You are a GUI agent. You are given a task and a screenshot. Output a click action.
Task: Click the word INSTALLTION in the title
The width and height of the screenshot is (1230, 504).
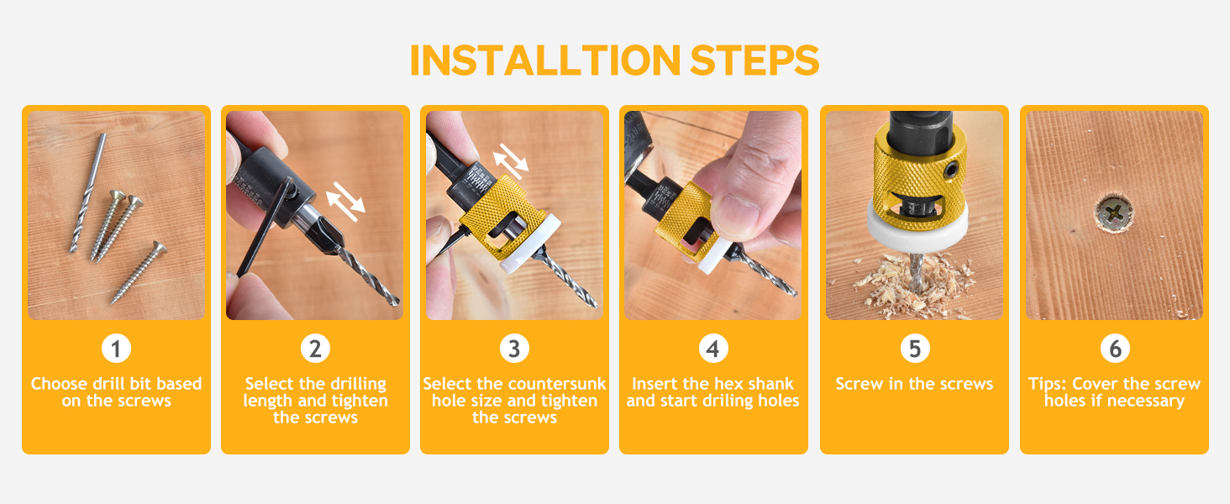544,60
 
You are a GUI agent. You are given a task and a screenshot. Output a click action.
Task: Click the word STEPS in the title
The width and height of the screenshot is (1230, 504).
754,60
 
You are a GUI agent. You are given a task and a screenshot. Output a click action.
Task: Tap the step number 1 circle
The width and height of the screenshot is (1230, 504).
116,348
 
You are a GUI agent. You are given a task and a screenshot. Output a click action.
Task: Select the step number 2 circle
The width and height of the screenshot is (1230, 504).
315,348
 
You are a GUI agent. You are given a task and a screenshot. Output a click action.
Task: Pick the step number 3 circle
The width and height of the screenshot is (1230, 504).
514,348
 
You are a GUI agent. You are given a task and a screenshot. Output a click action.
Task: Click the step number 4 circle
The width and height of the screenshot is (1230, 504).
713,348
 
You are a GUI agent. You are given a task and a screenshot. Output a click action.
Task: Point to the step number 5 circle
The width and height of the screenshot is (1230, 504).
914,348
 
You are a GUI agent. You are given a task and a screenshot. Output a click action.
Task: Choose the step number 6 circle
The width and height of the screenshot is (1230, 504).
1115,348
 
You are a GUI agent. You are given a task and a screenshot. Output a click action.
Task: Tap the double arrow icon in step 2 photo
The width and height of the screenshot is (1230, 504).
345,198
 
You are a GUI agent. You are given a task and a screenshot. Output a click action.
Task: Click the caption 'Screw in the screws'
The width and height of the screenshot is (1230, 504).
914,384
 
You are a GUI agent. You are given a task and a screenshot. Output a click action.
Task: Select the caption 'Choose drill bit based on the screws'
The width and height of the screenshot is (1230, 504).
116,392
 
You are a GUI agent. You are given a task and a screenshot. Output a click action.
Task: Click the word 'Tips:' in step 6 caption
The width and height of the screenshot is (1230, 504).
1048,384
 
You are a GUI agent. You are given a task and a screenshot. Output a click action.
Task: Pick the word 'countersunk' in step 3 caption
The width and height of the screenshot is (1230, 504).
558,384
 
